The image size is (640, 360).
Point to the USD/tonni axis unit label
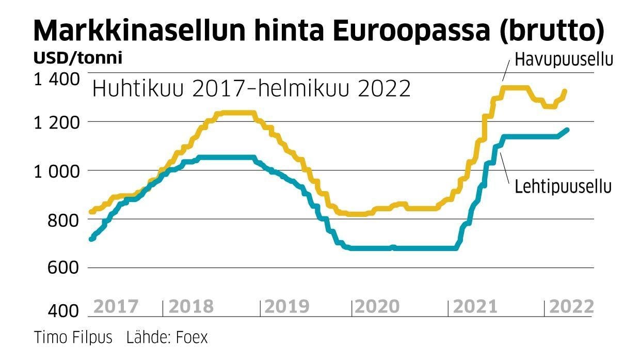[x=78, y=58]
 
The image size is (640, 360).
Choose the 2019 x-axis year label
[x=287, y=307]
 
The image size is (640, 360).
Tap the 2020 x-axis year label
[x=377, y=307]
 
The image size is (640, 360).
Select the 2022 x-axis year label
[x=571, y=307]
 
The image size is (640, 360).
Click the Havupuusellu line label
[x=564, y=60]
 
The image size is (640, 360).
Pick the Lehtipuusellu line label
[x=563, y=186]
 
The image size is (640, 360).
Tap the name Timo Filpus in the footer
[x=73, y=338]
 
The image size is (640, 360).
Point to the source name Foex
[x=191, y=338]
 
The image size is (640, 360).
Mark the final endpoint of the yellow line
[x=565, y=91]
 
